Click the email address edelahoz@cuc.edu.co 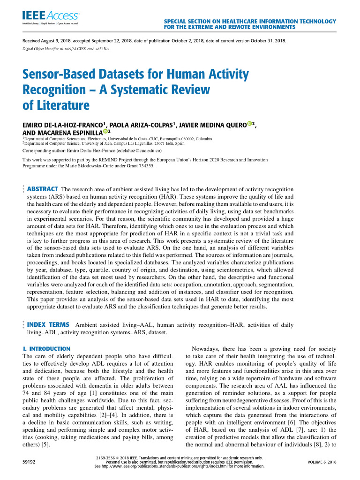point(139,152)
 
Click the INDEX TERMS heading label point(49,324)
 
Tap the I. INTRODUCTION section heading point(47,349)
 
